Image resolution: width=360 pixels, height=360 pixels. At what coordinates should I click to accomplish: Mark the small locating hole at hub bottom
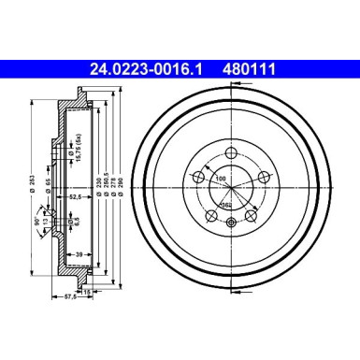pos(231,222)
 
